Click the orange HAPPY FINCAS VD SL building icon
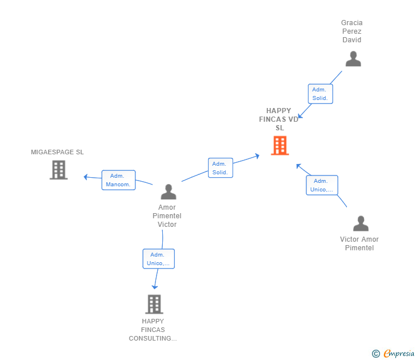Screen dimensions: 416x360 [x=280, y=145]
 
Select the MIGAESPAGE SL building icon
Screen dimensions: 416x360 [x=59, y=170]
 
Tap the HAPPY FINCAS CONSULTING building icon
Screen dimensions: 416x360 [x=154, y=304]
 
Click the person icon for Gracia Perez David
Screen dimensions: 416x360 [x=353, y=59]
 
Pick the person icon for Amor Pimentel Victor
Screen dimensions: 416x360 [x=169, y=192]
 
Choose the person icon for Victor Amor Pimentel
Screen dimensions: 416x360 [x=361, y=223]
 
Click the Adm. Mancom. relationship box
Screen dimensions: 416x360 [x=119, y=180]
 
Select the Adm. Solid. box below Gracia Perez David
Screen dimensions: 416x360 [x=321, y=94]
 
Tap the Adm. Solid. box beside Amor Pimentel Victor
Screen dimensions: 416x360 [x=221, y=168]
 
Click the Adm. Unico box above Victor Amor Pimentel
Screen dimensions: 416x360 [x=322, y=185]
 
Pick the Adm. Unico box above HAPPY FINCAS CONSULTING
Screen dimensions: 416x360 [x=159, y=259]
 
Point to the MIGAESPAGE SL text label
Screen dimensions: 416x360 [x=57, y=152]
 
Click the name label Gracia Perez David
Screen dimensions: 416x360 [x=352, y=31]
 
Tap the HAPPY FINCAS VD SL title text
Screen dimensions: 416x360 [x=279, y=119]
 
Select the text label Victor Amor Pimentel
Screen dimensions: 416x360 [x=359, y=243]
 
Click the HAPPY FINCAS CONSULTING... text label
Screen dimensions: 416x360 [x=153, y=330]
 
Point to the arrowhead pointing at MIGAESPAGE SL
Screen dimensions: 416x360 [x=86, y=177]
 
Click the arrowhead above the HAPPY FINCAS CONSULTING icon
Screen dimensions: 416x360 [x=155, y=287]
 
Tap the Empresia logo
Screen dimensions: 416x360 [x=399, y=353]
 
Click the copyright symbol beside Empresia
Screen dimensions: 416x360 [x=376, y=354]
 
